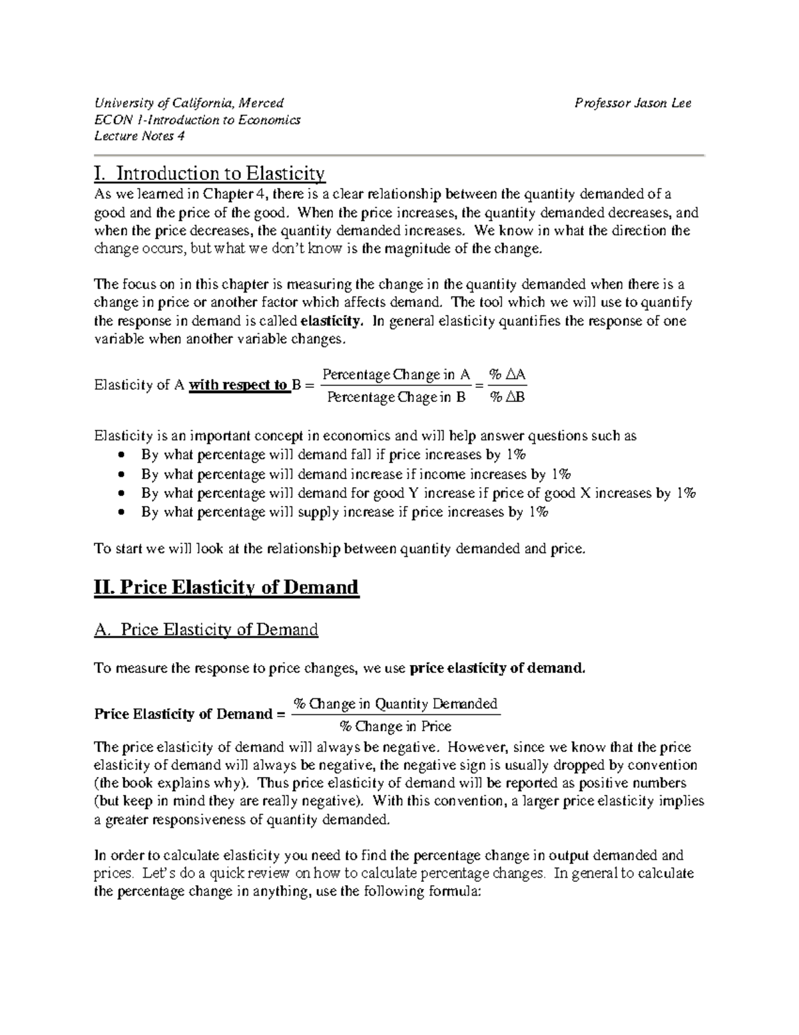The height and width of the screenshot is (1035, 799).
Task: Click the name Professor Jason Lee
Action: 633,103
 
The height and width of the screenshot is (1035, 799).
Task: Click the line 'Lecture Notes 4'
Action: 139,136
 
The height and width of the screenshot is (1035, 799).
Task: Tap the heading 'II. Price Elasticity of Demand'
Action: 226,587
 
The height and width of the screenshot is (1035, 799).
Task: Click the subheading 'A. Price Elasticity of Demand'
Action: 206,629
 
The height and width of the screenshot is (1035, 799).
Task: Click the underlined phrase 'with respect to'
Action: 238,385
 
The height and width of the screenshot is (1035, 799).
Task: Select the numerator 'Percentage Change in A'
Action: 396,375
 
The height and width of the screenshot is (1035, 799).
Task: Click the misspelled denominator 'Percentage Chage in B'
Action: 396,397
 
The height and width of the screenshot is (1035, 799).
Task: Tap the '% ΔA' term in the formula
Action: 507,375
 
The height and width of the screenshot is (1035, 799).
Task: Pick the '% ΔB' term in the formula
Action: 507,397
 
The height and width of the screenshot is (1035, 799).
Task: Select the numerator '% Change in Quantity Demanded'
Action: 396,704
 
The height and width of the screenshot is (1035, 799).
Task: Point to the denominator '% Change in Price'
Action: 396,726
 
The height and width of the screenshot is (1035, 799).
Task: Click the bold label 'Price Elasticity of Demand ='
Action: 184,714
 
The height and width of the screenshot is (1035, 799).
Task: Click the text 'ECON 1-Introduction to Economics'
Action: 197,120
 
